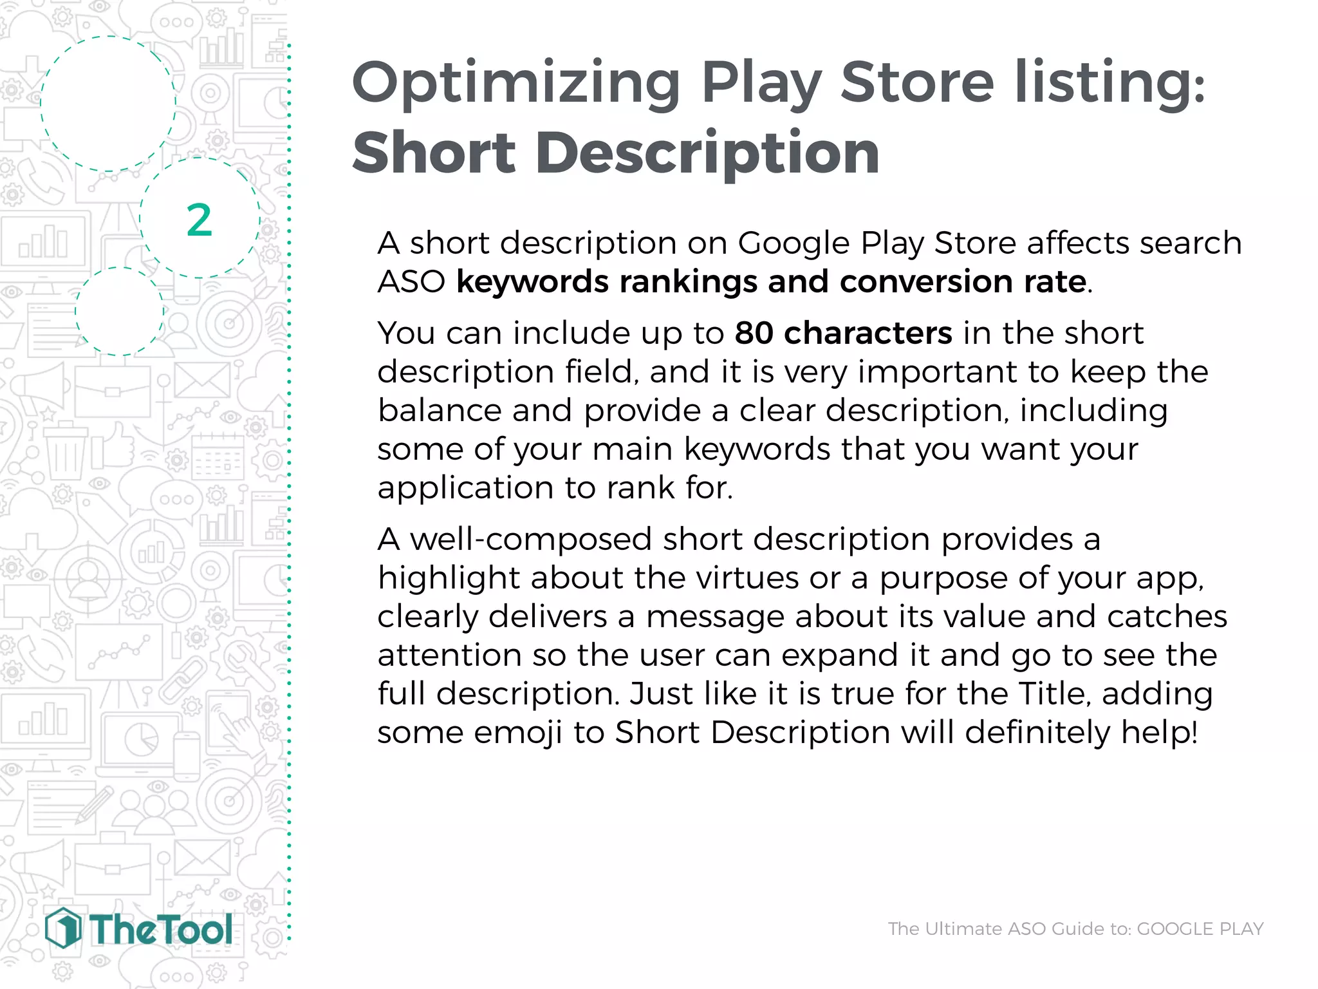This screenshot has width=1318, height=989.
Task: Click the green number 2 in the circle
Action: [199, 220]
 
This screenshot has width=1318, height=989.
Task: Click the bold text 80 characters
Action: [843, 333]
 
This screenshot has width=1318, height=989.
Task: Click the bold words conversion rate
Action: [963, 282]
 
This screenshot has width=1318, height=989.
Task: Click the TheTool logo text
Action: [160, 930]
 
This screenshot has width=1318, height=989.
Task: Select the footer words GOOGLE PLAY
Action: [1200, 928]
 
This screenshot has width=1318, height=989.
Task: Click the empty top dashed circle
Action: [108, 104]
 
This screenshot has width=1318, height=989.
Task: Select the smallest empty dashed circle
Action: [119, 311]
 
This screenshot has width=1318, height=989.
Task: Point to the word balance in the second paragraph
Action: [439, 410]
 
